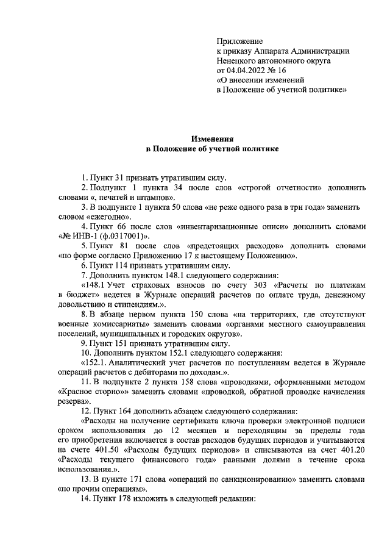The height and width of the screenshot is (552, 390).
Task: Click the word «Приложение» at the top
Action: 239,40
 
